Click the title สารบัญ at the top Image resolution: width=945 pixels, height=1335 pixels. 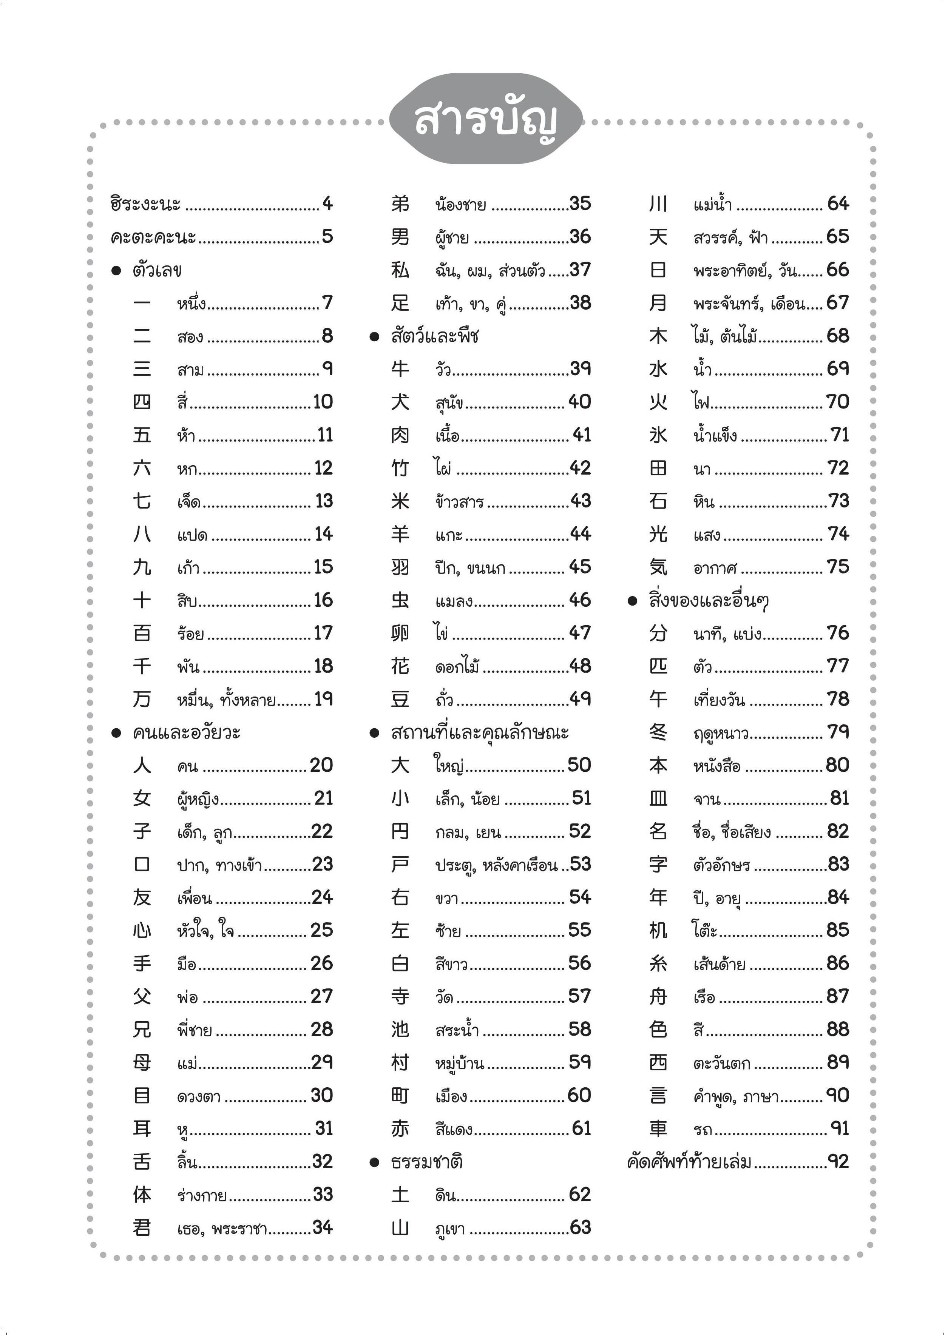486,119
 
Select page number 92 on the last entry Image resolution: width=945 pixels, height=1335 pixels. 838,1162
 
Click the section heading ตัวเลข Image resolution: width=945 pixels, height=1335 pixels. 157,270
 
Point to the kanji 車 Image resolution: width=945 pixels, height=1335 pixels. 658,1128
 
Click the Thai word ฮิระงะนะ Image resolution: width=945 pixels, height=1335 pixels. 145,204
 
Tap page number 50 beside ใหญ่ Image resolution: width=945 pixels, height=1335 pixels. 579,765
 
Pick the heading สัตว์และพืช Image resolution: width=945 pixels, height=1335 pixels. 435,336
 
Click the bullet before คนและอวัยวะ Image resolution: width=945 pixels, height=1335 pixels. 116,733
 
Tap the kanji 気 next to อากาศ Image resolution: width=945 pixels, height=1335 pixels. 658,567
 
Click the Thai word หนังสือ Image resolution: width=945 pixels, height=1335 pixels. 717,766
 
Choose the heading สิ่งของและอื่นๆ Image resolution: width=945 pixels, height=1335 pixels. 709,600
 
